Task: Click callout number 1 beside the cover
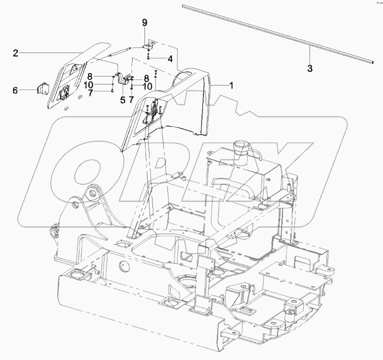tap(231, 85)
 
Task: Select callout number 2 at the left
tap(15, 53)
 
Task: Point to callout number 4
tap(170, 59)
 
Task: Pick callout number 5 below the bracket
tap(122, 99)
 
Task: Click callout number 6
tap(15, 90)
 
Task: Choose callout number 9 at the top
tap(144, 22)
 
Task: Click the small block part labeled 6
tap(41, 89)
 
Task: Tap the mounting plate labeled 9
tap(148, 46)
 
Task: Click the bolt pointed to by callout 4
tap(149, 58)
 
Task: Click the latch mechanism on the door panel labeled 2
tap(64, 93)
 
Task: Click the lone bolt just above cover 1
tap(156, 74)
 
